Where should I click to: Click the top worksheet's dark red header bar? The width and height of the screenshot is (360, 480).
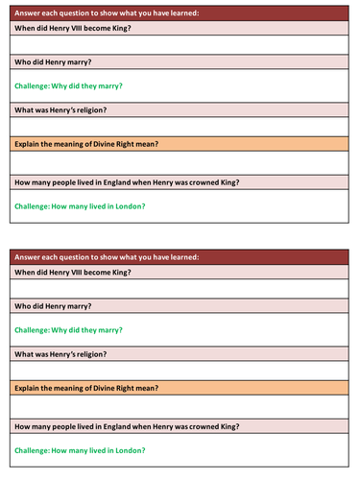(x=180, y=12)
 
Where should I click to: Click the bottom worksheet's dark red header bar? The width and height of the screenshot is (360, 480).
(x=180, y=256)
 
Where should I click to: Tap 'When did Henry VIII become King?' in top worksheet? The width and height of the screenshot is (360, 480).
(x=73, y=28)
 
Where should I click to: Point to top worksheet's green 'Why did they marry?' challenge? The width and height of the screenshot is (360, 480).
(x=68, y=85)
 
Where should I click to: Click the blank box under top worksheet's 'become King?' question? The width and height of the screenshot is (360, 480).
(x=180, y=44)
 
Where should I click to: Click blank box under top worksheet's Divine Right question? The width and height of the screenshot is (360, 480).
(x=180, y=162)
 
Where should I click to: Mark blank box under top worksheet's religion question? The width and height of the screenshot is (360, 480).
(x=180, y=127)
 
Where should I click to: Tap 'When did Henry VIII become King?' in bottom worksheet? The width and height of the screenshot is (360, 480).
(x=73, y=273)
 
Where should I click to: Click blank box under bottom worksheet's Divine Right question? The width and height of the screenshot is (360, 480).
(x=180, y=406)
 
